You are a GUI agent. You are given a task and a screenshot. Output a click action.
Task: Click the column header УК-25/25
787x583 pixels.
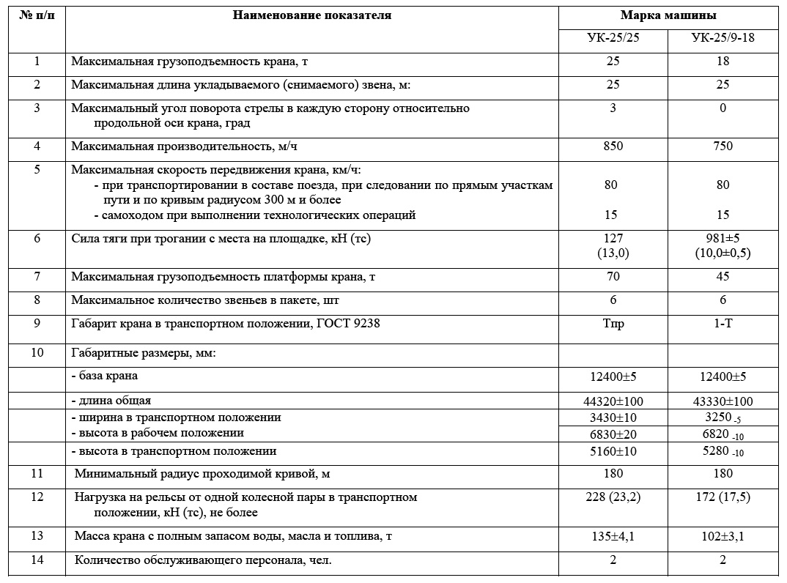[613, 38]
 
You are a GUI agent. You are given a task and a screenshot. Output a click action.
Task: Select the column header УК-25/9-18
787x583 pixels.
[723, 38]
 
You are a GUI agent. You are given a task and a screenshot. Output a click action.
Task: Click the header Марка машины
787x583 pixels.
[668, 15]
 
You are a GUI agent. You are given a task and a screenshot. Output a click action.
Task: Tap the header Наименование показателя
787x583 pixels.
[312, 15]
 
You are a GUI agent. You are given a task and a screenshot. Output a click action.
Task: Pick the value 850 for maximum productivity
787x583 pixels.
[613, 146]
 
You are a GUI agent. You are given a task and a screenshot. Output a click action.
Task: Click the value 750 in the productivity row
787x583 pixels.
[723, 146]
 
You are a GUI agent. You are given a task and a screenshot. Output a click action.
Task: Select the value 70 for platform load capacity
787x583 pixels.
[613, 276]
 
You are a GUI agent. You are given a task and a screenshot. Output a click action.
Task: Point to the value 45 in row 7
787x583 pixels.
[723, 276]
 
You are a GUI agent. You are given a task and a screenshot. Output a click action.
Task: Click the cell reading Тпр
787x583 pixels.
[613, 324]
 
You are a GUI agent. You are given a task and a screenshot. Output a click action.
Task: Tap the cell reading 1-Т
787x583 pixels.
[723, 324]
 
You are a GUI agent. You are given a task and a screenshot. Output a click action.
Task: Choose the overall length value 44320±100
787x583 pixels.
[613, 401]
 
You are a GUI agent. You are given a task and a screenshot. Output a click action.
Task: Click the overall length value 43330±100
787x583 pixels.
[723, 401]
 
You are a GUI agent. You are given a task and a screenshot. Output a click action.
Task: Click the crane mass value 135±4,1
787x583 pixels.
[613, 536]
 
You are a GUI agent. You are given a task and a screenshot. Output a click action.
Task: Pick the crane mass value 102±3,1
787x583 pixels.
[723, 536]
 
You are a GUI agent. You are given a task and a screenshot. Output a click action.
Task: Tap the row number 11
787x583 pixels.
[37, 473]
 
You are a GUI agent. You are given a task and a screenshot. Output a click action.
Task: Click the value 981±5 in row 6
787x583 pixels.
[723, 238]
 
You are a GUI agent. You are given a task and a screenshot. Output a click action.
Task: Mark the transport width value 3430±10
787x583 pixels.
[613, 417]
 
